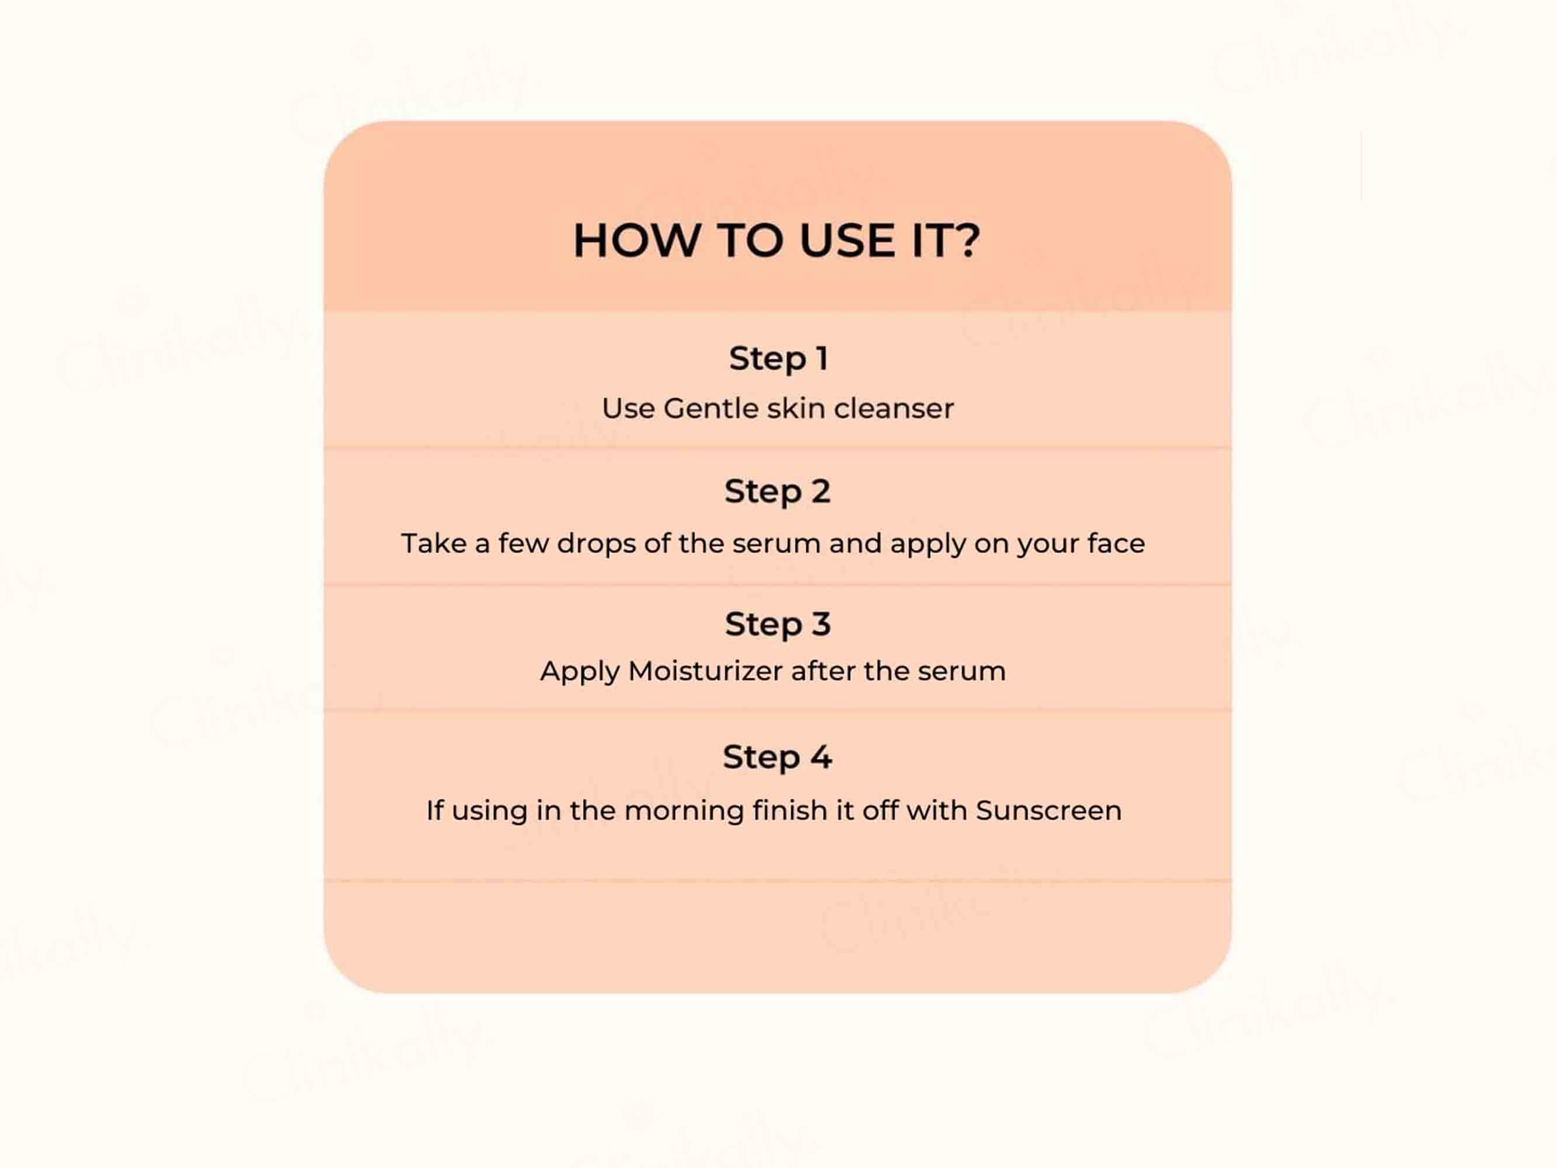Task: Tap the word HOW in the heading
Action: [x=636, y=240]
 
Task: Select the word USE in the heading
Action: [x=847, y=240]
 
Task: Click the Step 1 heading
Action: [x=778, y=359]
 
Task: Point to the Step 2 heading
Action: [x=778, y=491]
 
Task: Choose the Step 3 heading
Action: [x=778, y=624]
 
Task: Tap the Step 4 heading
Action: [x=778, y=757]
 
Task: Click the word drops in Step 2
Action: [x=596, y=544]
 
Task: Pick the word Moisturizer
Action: [x=705, y=671]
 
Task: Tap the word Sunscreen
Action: [x=1049, y=811]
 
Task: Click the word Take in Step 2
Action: [x=434, y=544]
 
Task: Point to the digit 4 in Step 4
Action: [x=821, y=757]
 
